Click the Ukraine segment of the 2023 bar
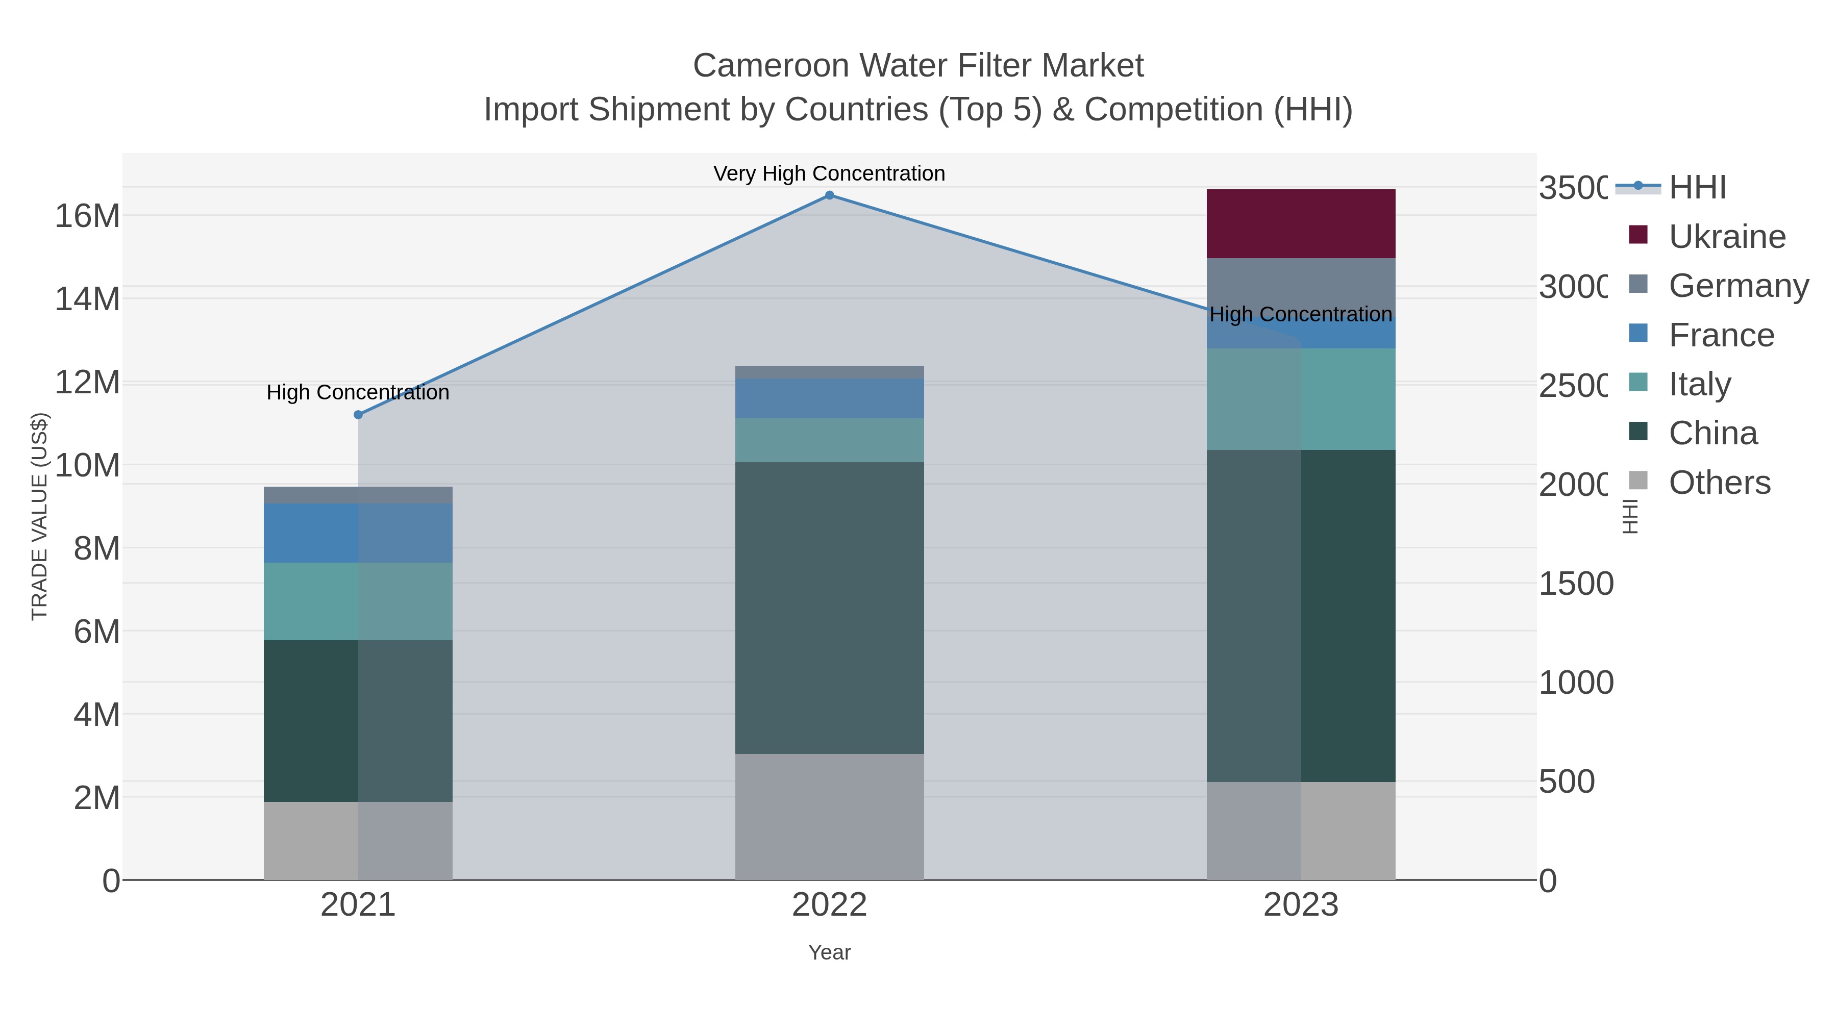(x=1300, y=224)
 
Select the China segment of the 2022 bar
(x=829, y=608)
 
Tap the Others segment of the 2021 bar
(x=358, y=841)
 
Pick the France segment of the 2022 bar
(x=829, y=398)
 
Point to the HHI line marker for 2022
(x=829, y=195)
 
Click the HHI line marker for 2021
(x=358, y=415)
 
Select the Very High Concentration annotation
(x=829, y=174)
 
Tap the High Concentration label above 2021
(x=358, y=393)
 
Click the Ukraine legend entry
(x=1726, y=237)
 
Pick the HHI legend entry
(x=1697, y=188)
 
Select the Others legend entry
(x=1719, y=483)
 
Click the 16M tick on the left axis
(x=87, y=216)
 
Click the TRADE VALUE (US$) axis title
(x=40, y=516)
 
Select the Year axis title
(x=829, y=952)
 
